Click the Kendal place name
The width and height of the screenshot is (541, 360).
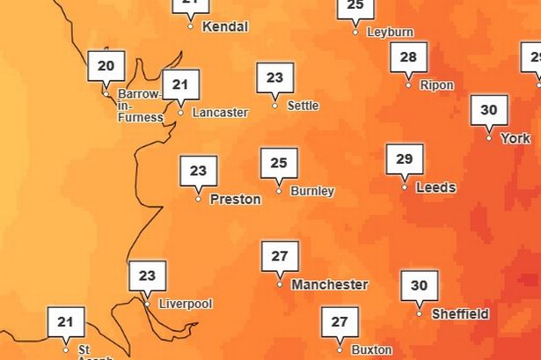click(x=225, y=26)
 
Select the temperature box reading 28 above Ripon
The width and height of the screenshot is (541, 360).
click(x=408, y=57)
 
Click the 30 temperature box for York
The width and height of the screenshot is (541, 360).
click(x=489, y=111)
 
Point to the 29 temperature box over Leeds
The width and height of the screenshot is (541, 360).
click(x=405, y=159)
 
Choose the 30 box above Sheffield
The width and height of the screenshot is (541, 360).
click(x=419, y=286)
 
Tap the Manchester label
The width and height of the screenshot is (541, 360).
click(x=329, y=285)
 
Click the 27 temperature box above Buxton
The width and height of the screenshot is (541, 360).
click(x=340, y=322)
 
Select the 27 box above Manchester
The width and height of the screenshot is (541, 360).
click(x=280, y=257)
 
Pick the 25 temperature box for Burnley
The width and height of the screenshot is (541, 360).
click(x=279, y=164)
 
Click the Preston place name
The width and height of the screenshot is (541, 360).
click(x=235, y=199)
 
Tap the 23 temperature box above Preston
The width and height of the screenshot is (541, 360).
click(x=198, y=172)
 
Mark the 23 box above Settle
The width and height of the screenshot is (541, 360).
click(x=274, y=78)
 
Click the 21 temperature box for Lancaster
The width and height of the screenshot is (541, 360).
click(x=180, y=85)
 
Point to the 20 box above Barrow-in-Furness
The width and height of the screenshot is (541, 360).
click(x=106, y=66)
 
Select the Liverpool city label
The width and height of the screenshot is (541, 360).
click(x=185, y=305)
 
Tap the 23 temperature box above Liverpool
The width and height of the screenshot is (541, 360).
click(x=147, y=276)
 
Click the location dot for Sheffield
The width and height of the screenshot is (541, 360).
click(x=419, y=314)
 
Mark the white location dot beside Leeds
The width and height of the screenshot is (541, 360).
click(x=405, y=187)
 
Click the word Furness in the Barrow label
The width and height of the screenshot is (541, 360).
click(x=141, y=117)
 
